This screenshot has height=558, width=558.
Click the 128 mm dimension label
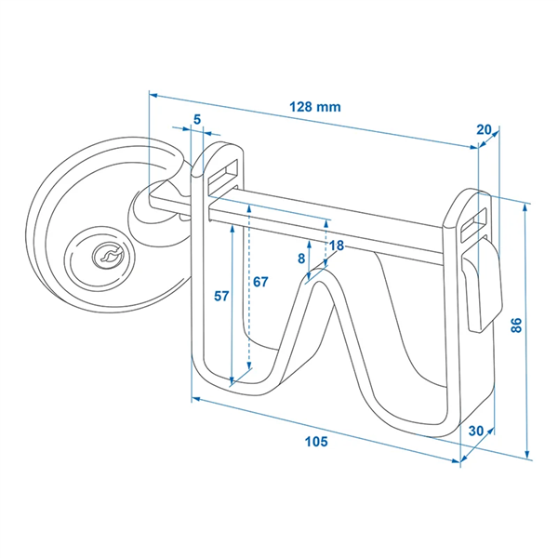(314, 106)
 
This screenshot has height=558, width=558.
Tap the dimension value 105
(316, 443)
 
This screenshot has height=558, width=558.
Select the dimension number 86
(516, 325)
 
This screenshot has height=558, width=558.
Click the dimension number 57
(221, 297)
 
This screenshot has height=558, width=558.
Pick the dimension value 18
(337, 246)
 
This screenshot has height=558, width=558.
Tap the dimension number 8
(301, 259)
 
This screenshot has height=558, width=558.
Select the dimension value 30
(477, 431)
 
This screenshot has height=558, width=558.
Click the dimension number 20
(484, 130)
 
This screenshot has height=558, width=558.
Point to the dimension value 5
(196, 118)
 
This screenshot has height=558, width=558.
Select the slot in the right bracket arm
(474, 216)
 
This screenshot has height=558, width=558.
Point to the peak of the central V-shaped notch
(318, 275)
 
